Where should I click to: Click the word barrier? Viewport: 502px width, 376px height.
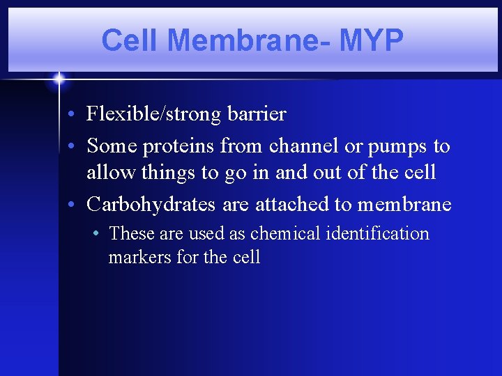click(x=257, y=113)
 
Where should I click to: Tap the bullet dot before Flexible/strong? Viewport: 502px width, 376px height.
click(x=73, y=113)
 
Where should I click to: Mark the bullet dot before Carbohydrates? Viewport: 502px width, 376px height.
click(x=73, y=205)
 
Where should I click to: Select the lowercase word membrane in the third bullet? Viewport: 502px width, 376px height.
click(x=404, y=205)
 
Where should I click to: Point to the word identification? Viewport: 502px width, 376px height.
click(x=376, y=233)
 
